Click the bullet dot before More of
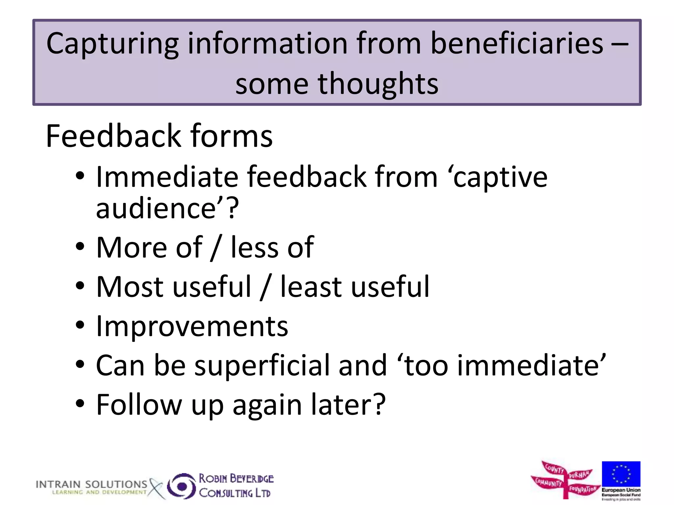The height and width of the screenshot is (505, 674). [80, 247]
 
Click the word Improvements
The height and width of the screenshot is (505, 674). [192, 326]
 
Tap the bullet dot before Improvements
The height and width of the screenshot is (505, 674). [80, 325]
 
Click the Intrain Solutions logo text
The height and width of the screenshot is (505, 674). [91, 485]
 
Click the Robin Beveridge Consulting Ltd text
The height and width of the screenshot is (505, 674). [236, 486]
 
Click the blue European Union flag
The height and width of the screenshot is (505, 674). [621, 474]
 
